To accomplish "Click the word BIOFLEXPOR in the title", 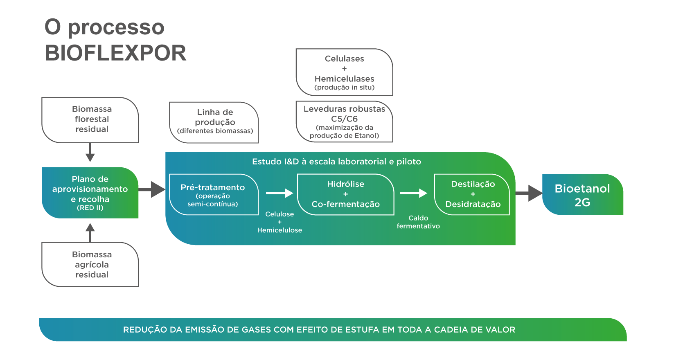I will tap(115, 53).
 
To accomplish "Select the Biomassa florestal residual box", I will tap(90, 119).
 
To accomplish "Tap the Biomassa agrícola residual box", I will tap(90, 265).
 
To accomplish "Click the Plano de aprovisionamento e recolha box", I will tap(90, 192).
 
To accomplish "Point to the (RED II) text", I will tap(90, 208).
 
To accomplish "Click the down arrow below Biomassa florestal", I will tap(90, 153).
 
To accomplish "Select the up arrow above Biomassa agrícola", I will tap(90, 232).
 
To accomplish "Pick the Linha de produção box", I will tap(214, 122).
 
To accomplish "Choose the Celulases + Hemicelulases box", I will tap(344, 72).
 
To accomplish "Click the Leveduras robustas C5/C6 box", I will tap(344, 122).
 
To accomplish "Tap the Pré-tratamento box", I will tap(214, 195).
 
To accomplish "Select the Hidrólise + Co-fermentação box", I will tap(345, 194).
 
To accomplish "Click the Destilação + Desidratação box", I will tap(472, 194).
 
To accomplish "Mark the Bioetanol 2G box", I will tap(582, 195).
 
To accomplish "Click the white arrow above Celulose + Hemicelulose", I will tap(280, 193).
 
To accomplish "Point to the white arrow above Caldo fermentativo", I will tap(413, 193).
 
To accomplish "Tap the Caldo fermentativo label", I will tap(418, 222).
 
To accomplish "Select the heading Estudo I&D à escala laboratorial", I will tap(336, 162).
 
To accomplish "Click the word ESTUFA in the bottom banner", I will tap(364, 330).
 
